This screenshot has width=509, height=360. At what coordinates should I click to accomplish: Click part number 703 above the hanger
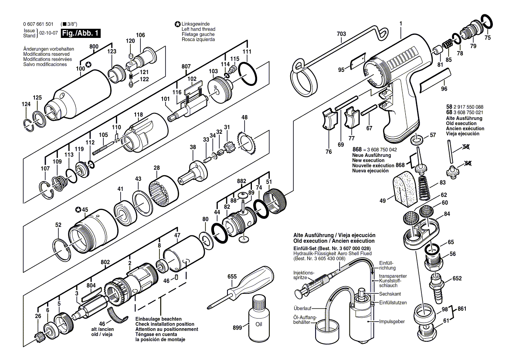341,34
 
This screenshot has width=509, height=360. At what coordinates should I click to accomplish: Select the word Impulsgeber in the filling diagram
392,321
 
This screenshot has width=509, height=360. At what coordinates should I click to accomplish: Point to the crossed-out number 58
466,147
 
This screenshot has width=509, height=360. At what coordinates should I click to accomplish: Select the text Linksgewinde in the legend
196,24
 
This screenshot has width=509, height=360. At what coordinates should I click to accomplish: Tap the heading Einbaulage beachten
159,319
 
